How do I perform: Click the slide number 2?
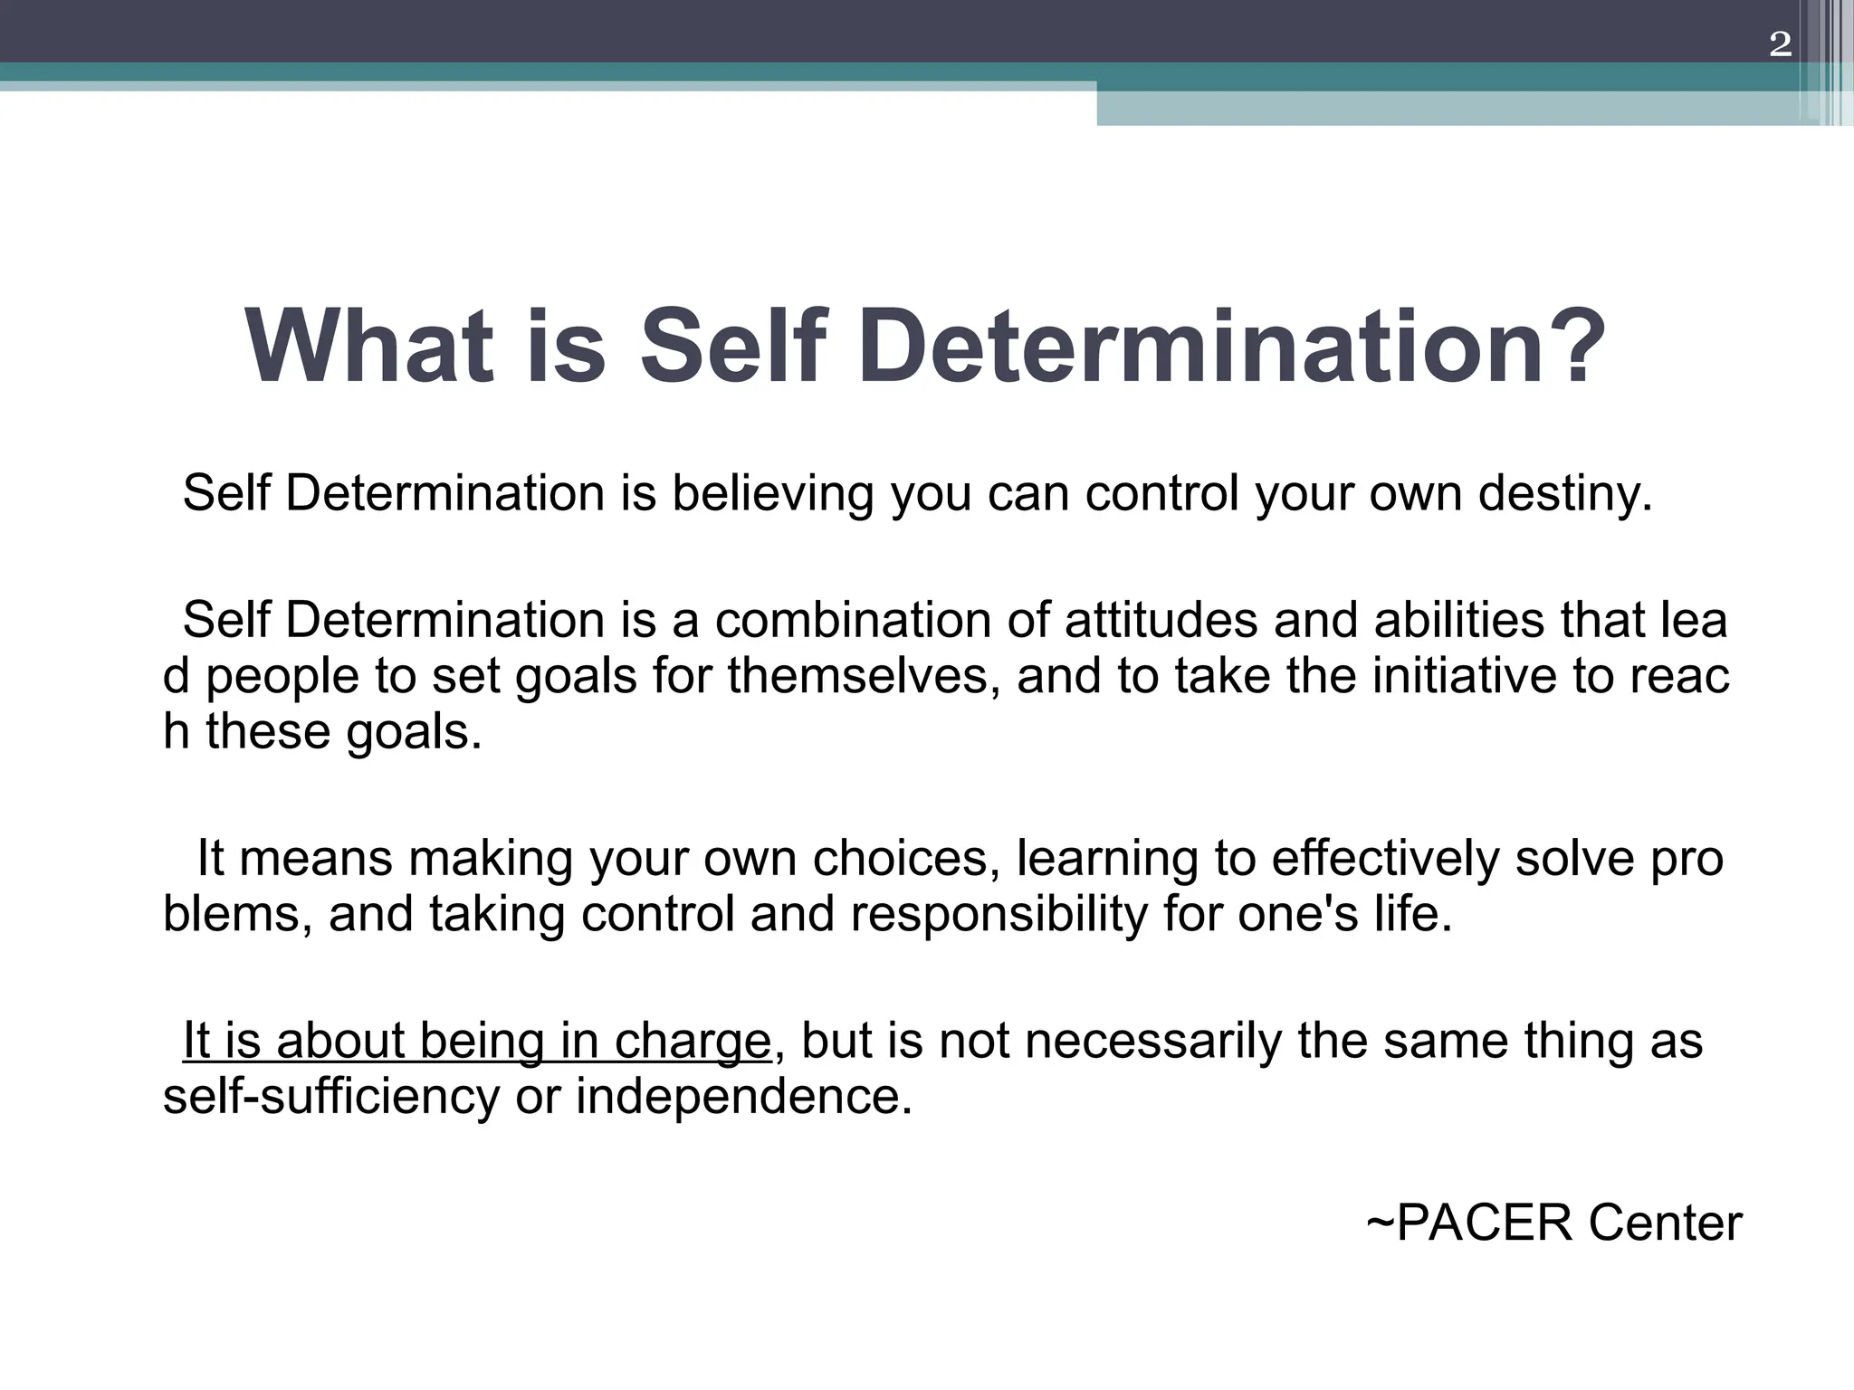tap(1780, 44)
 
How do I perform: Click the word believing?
tap(772, 494)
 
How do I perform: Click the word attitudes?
tap(1161, 621)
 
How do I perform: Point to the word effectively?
tap(1385, 858)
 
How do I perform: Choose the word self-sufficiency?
tap(331, 1097)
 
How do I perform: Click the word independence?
tap(744, 1097)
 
